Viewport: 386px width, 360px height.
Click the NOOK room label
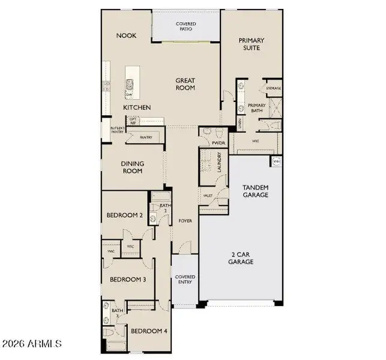tap(126, 35)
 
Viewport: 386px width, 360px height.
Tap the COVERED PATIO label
tap(186, 26)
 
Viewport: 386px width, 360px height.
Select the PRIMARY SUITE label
tap(252, 44)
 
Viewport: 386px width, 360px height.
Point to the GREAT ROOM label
tap(186, 83)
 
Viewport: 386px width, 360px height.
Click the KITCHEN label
tap(137, 107)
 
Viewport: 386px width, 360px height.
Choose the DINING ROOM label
tap(132, 166)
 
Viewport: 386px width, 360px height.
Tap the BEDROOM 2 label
tap(124, 215)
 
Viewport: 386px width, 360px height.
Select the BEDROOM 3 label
tap(127, 279)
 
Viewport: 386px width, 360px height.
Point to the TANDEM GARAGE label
tap(255, 191)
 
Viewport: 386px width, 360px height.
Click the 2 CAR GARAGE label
tap(241, 258)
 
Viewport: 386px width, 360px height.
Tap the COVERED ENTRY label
tap(185, 279)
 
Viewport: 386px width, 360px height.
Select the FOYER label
tap(185, 221)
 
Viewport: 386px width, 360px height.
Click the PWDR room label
tap(218, 143)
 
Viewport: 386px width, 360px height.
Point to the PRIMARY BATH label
tap(257, 108)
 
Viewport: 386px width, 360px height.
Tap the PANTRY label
tap(146, 137)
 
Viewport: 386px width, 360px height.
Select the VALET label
tap(208, 196)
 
